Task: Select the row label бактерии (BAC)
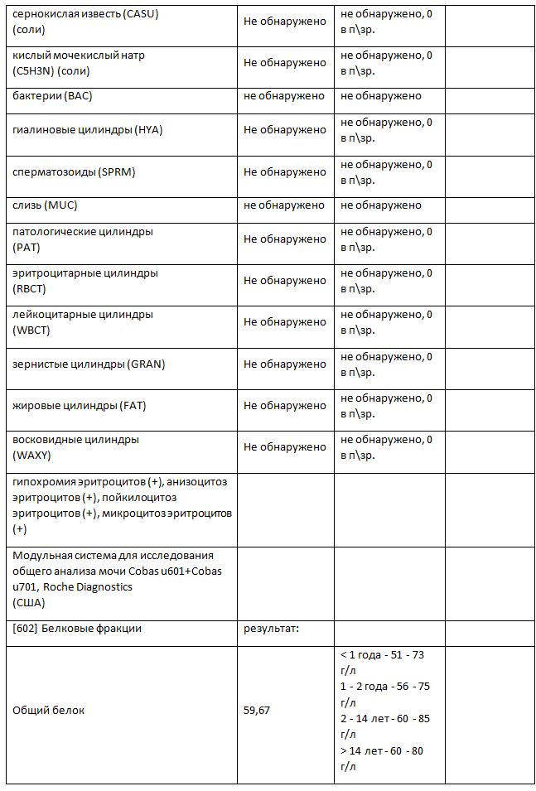pyautogui.click(x=52, y=96)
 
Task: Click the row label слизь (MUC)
pyautogui.click(x=45, y=205)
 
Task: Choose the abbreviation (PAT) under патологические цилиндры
pyautogui.click(x=27, y=247)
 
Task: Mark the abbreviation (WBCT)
pyautogui.click(x=31, y=330)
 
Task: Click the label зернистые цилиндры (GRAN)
pyautogui.click(x=83, y=364)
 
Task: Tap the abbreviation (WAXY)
pyautogui.click(x=32, y=455)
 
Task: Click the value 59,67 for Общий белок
pyautogui.click(x=256, y=711)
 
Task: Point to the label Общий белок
pyautogui.click(x=48, y=711)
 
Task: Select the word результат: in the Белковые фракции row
pyautogui.click(x=270, y=629)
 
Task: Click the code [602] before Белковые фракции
pyautogui.click(x=25, y=629)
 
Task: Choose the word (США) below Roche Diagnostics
pyautogui.click(x=29, y=602)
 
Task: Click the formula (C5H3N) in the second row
pyautogui.click(x=36, y=70)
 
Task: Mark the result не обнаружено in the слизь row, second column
pyautogui.click(x=284, y=205)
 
